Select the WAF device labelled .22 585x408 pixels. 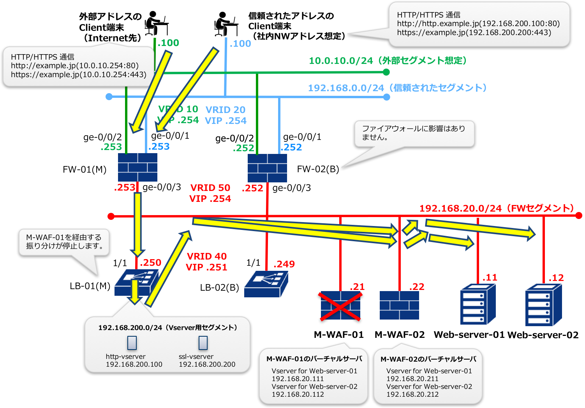[399, 305]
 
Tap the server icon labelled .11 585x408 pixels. [478, 304]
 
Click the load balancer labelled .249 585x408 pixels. [266, 284]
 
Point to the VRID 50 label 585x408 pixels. [210, 188]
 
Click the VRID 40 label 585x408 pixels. [206, 256]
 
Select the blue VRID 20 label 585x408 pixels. [226, 110]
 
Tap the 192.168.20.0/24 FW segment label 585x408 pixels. [496, 208]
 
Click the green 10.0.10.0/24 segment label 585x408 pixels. [388, 61]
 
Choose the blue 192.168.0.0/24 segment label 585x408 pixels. [397, 88]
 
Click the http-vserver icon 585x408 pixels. [132, 343]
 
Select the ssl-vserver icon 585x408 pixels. [203, 343]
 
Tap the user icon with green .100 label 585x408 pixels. [156, 23]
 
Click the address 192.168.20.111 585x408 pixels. [298, 379]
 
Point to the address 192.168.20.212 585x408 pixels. [412, 394]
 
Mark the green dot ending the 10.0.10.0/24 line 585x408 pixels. [386, 72]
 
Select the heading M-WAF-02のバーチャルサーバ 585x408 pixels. [428, 359]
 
